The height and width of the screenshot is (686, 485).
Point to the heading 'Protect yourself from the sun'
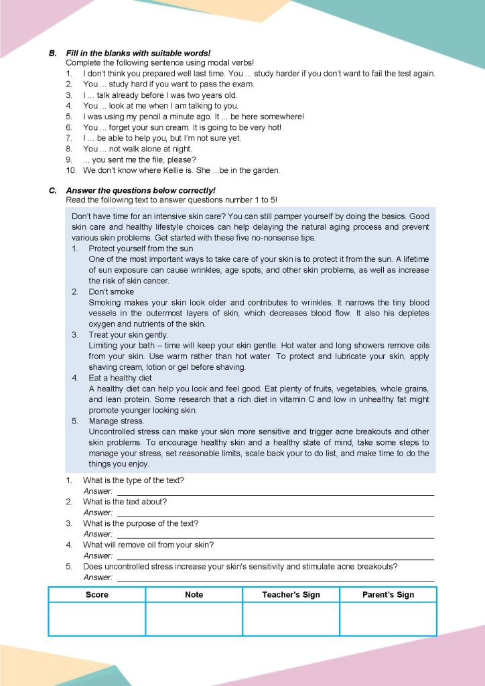click(x=141, y=249)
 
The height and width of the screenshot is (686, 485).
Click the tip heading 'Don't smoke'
click(x=111, y=292)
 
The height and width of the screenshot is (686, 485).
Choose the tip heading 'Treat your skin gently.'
click(x=129, y=335)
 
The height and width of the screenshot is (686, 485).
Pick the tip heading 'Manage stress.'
click(x=116, y=421)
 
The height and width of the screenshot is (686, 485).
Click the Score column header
click(x=97, y=594)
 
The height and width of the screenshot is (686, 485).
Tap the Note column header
click(x=194, y=594)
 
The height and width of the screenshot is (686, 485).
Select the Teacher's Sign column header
click(x=291, y=594)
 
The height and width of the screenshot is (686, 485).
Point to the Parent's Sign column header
click(x=388, y=594)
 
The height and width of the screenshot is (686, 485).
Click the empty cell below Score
click(x=97, y=618)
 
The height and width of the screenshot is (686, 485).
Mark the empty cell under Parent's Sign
click(x=388, y=618)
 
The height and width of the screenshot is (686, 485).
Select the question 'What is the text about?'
click(x=125, y=502)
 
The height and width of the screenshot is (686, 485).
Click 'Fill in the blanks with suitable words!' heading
click(x=138, y=53)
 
